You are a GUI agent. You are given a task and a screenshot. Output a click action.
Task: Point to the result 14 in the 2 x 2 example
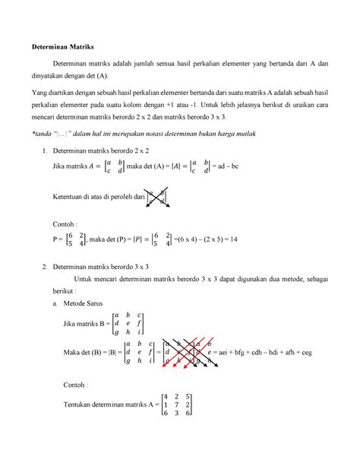[234, 239]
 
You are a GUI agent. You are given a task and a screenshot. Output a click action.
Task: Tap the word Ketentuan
[70, 197]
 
